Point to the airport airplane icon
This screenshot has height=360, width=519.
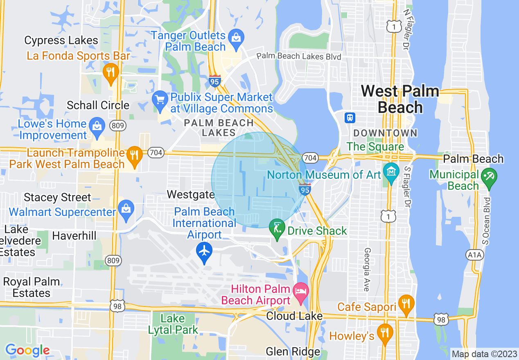(204, 250)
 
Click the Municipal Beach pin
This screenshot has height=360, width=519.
(490, 177)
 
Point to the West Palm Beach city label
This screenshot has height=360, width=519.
(400, 99)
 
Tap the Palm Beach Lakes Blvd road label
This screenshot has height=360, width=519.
(299, 56)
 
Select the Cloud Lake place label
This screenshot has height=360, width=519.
(294, 316)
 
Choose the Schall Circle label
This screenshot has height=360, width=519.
(98, 105)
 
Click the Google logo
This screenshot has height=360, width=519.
(27, 351)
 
